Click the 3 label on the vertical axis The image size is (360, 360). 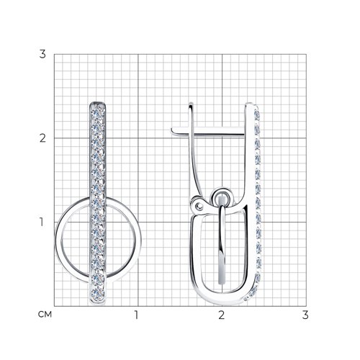[42, 54]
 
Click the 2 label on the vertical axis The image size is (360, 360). [42, 138]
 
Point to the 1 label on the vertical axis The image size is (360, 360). [42, 222]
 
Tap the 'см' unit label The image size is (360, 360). [45, 315]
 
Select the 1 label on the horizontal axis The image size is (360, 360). [136, 315]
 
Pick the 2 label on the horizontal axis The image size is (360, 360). [221, 315]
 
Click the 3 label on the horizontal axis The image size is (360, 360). [305, 315]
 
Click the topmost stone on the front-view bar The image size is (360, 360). [98, 112]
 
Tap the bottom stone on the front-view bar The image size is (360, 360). [97, 293]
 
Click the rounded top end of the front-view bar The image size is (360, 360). [98, 104]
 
